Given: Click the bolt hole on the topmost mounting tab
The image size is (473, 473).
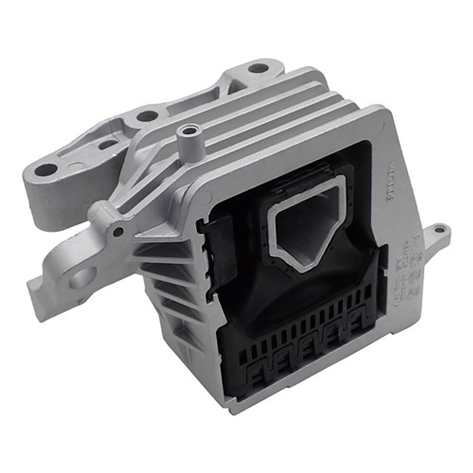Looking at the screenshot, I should (258, 68).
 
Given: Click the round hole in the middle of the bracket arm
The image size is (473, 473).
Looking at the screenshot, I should (147, 115).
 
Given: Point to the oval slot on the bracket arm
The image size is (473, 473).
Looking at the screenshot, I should (108, 145).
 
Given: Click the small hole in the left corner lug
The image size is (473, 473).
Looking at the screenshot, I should (117, 231).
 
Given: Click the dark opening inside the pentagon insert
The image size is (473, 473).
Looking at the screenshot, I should (305, 226).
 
